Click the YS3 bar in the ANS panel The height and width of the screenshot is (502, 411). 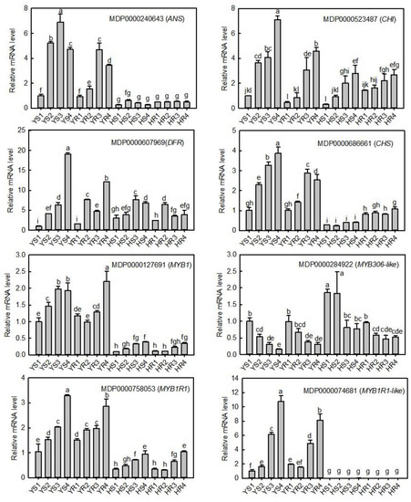(x=60, y=64)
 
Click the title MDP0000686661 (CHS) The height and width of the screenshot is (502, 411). (x=352, y=142)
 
